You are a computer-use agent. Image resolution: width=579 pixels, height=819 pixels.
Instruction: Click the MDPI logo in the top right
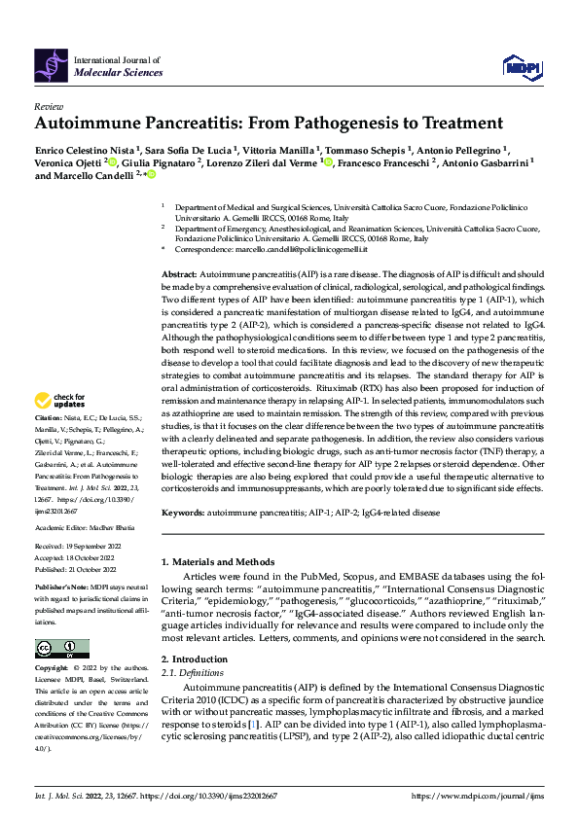pyautogui.click(x=521, y=65)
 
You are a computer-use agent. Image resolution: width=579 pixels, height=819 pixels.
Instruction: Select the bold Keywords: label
pyautogui.click(x=183, y=511)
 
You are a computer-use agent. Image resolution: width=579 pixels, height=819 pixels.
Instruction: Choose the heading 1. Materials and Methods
pyautogui.click(x=218, y=562)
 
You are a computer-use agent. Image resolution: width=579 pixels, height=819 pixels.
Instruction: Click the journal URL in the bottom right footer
pyautogui.click(x=478, y=796)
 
